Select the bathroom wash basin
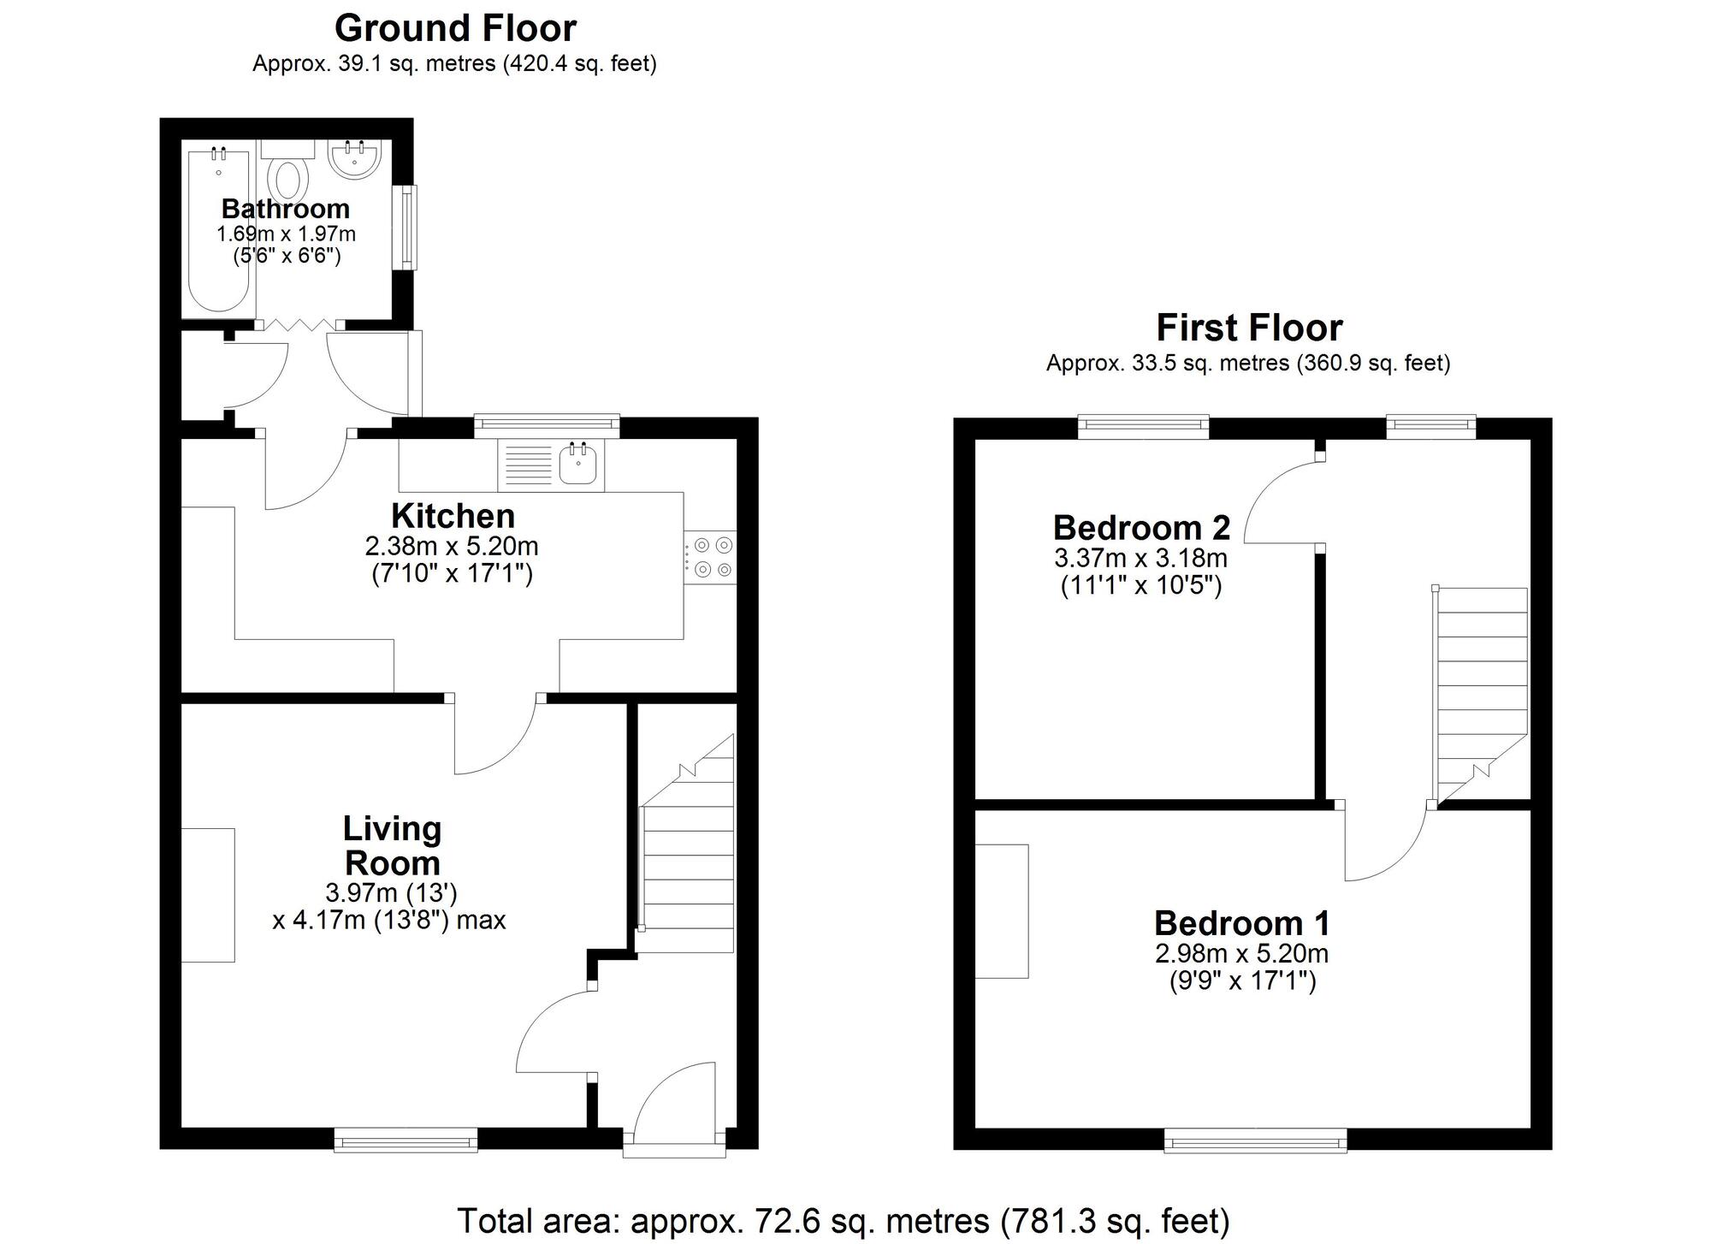[354, 159]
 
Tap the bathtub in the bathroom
[218, 231]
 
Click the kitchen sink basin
[579, 465]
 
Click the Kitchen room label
[453, 516]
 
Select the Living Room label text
[392, 845]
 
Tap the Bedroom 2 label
[1141, 528]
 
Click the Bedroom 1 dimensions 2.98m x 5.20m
[1241, 953]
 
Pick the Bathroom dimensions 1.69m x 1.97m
[286, 234]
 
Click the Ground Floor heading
[455, 28]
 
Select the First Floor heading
[1248, 328]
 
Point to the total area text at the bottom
[843, 1221]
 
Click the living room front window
[406, 1140]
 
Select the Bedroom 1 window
[1255, 1140]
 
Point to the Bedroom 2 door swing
[1279, 505]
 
